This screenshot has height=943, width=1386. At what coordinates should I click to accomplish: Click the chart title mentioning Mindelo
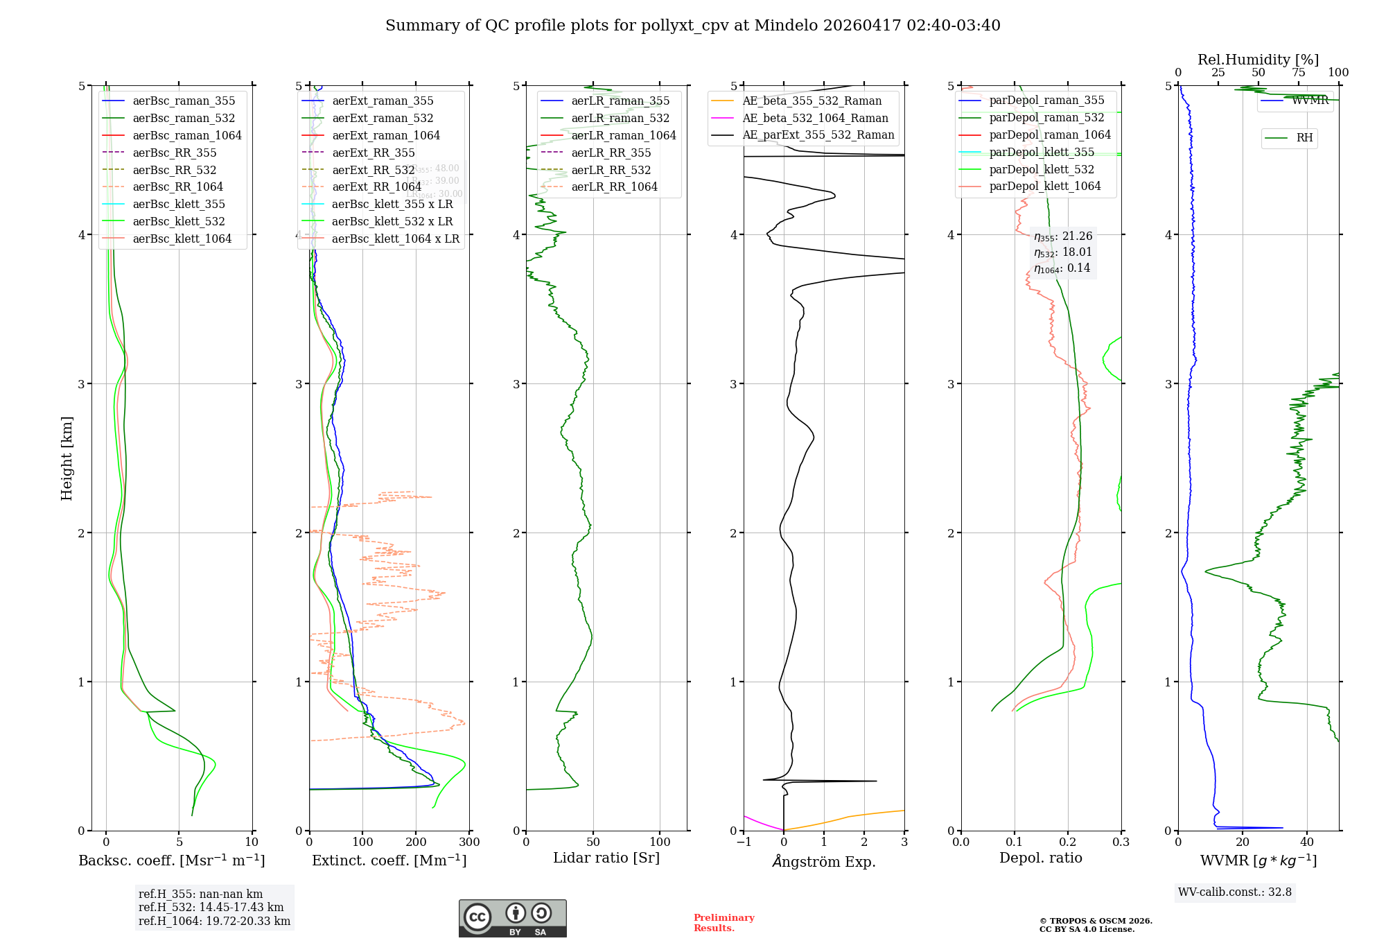click(x=692, y=26)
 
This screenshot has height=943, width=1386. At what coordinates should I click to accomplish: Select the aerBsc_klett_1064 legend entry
click(x=182, y=239)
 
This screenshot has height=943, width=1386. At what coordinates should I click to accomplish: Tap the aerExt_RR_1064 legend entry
click(x=376, y=187)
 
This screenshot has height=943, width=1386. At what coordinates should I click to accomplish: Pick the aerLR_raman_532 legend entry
click(x=620, y=118)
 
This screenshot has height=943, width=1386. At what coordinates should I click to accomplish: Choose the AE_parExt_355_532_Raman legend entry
click(x=818, y=135)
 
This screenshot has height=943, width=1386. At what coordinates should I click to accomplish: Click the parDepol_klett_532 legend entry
click(x=1041, y=169)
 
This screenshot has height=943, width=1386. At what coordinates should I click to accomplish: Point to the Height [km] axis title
click(x=67, y=458)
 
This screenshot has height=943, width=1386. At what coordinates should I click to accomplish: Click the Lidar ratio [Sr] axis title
click(x=606, y=858)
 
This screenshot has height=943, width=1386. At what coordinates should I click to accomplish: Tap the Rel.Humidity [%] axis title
click(x=1258, y=60)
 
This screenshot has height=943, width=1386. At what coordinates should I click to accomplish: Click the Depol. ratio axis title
click(x=1040, y=858)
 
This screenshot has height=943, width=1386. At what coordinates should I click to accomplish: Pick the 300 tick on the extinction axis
click(x=469, y=842)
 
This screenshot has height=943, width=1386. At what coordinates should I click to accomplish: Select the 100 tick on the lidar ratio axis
click(x=660, y=842)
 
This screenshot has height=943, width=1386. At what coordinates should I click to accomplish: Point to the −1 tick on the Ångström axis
click(x=744, y=842)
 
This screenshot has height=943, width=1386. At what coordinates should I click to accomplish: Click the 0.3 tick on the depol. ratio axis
click(x=1121, y=842)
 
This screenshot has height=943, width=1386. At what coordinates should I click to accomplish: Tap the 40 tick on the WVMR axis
click(x=1307, y=842)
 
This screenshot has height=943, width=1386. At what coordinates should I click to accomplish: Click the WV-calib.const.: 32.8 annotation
click(x=1234, y=892)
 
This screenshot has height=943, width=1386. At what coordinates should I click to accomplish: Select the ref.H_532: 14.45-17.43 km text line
click(x=211, y=907)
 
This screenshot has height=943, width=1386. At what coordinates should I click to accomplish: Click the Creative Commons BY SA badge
click(x=512, y=918)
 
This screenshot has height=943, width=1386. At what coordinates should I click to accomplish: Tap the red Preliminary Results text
click(x=723, y=922)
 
